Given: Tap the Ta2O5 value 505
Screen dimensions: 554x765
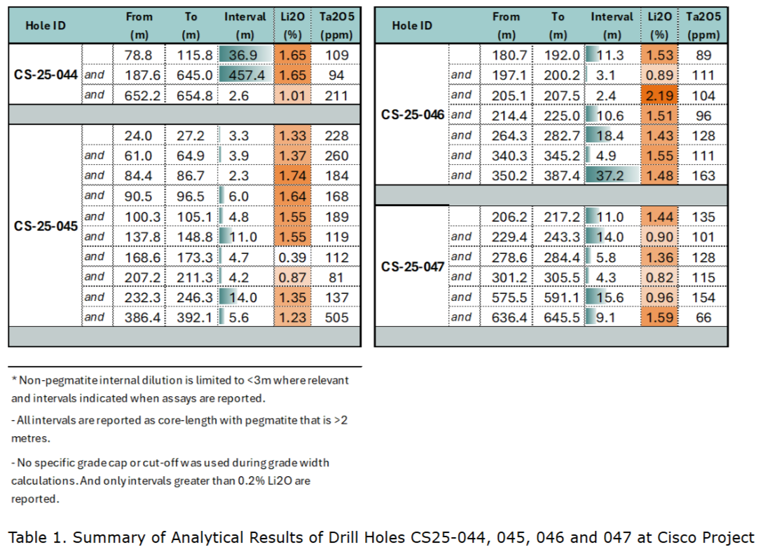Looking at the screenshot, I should coord(336,317).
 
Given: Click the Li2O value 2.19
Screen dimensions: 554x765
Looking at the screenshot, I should coord(659,95).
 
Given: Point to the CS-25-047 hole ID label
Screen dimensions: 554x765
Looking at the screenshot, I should coord(413,266).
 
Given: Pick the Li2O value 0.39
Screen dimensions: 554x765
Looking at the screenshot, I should coord(291,257).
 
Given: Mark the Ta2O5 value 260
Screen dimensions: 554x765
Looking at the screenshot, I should coord(336,156).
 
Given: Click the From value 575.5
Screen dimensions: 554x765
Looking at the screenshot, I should coord(506,297).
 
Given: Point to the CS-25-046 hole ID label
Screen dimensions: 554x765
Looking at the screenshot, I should coord(413,115).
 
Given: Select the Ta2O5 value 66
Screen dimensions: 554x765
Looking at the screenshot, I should coord(703,318).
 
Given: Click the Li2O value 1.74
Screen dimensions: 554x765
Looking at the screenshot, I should coord(291,175).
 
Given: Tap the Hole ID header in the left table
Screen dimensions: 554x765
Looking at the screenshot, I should coord(46,25).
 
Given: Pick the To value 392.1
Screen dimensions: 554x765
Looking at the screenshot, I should coord(191,317).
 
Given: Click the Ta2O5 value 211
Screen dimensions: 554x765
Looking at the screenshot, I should coord(336,95).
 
